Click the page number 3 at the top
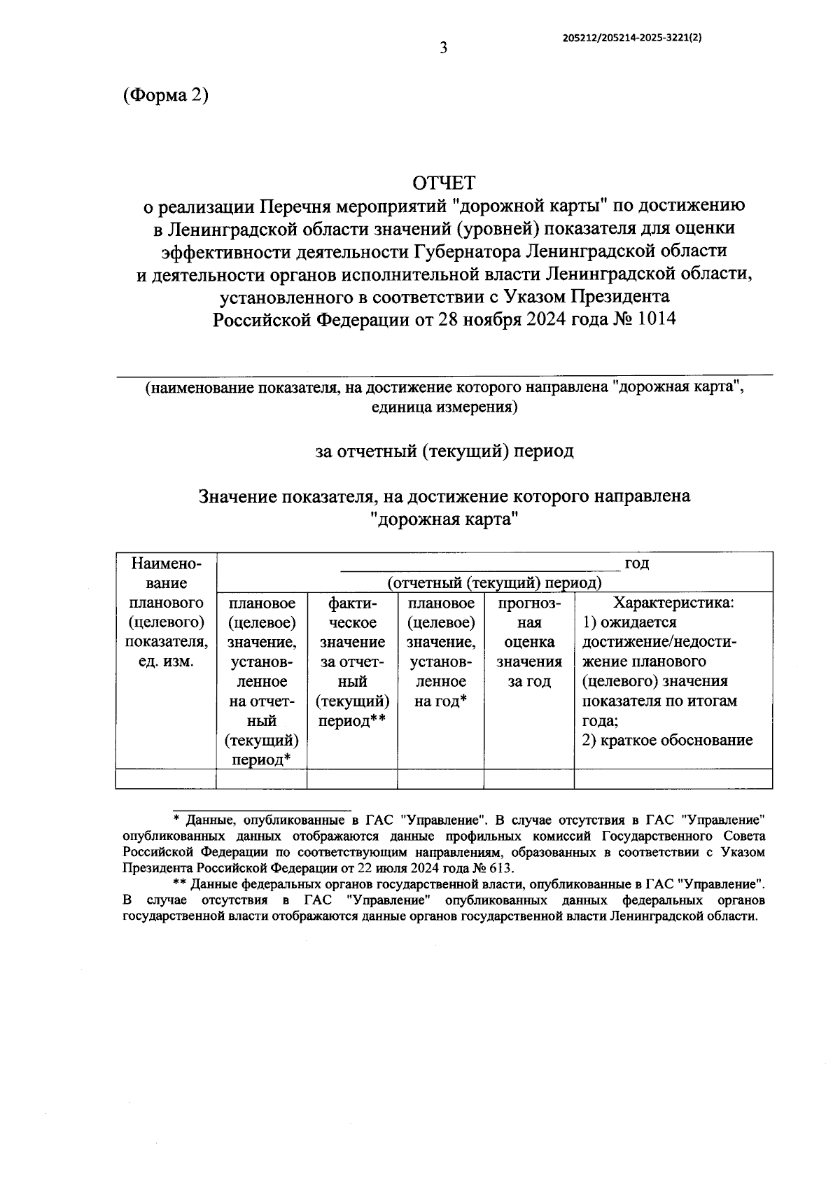442,48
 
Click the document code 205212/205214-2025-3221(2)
632,40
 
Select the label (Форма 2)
165,95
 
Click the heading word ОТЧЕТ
444,183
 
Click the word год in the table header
636,564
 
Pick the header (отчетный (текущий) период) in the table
494,582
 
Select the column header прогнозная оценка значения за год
528,642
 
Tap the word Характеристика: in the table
673,603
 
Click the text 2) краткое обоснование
667,740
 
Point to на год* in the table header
440,701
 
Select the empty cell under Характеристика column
673,778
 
